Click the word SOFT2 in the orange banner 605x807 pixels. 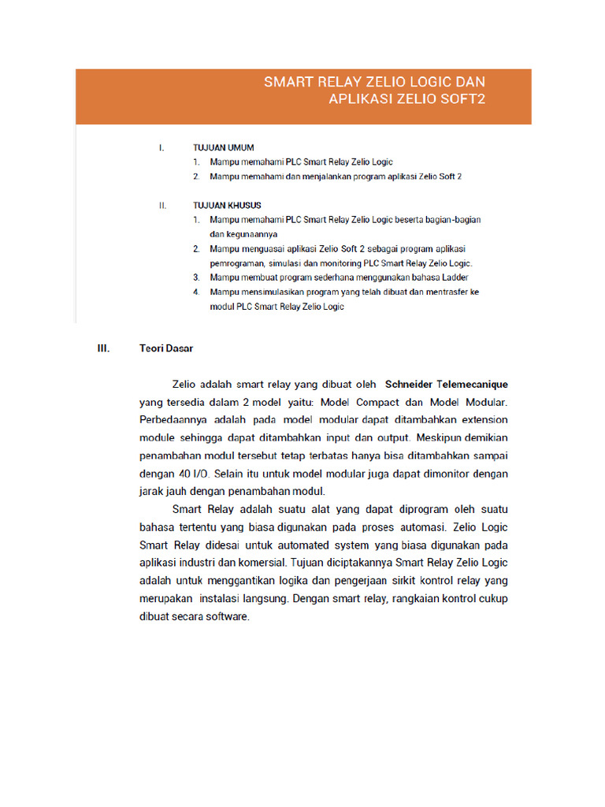coord(463,99)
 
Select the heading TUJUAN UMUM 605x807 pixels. coord(224,147)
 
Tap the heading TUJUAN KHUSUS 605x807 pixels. coord(227,205)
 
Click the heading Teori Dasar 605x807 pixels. coord(166,348)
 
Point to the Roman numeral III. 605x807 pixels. coord(102,348)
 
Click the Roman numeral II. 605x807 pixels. coord(161,205)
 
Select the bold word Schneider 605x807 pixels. coord(409,385)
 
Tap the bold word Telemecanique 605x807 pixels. coord(473,385)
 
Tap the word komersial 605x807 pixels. coord(256,563)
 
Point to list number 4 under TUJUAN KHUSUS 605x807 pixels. coord(196,292)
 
